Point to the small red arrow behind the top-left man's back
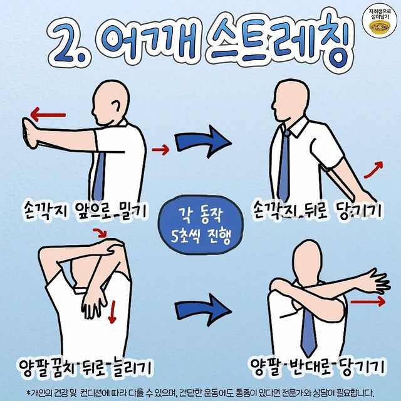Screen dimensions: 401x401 (161, 149)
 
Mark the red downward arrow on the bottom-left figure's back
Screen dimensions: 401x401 (112, 312)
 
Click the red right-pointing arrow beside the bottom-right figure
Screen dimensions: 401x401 (367, 303)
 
